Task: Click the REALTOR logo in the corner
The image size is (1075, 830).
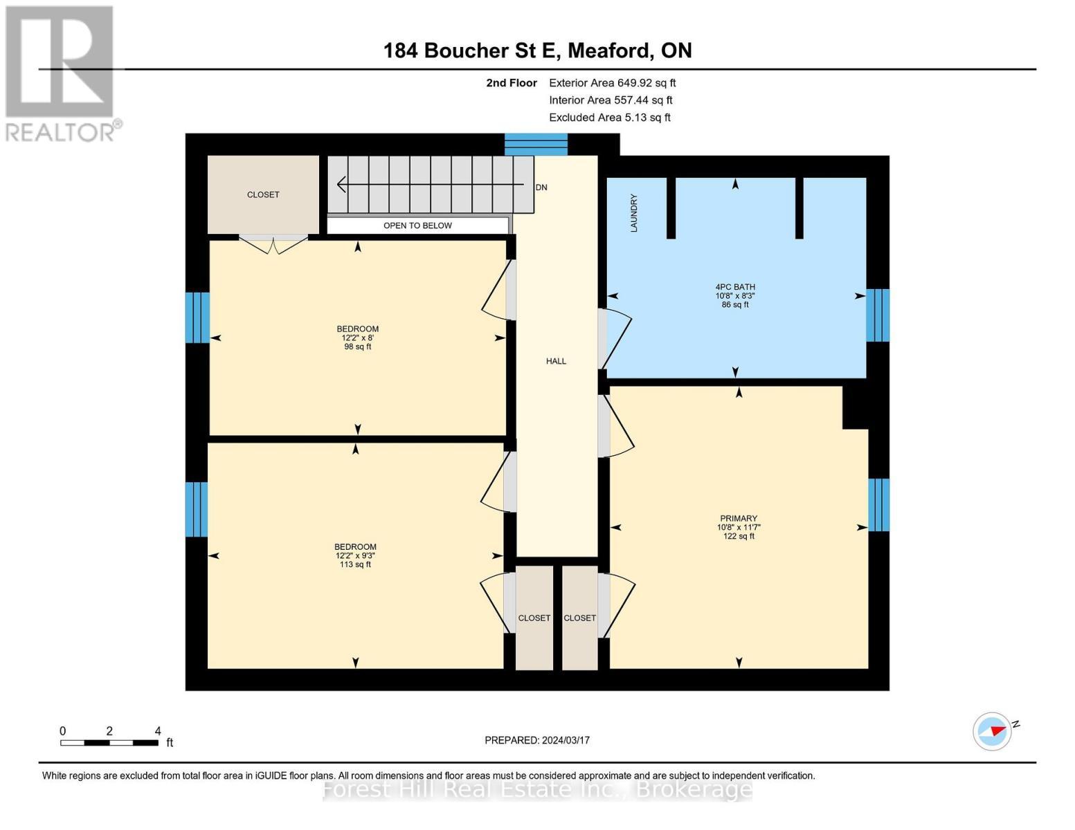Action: (61, 73)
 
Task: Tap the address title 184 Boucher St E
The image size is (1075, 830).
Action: (537, 50)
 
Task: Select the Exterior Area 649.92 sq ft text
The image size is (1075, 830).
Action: (612, 83)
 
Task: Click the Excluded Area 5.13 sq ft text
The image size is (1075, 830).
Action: (609, 118)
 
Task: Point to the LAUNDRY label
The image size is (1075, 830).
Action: (634, 212)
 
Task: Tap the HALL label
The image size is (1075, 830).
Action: (556, 361)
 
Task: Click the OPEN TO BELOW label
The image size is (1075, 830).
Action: (417, 225)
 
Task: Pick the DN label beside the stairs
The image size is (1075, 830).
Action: (541, 187)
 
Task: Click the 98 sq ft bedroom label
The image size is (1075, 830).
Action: (358, 338)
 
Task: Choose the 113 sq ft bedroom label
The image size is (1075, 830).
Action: (356, 555)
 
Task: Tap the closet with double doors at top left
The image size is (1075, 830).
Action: (263, 195)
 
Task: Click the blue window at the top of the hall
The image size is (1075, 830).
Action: (536, 145)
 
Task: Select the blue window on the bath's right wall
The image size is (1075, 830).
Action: (877, 315)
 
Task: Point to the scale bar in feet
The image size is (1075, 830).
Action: (109, 743)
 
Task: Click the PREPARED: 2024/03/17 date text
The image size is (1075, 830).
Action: (537, 740)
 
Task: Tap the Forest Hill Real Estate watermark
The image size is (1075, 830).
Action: (537, 790)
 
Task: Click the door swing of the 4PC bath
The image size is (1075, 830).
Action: (615, 339)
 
